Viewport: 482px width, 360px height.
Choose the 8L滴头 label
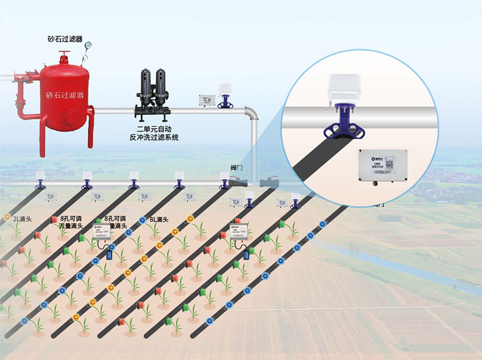click(160, 219)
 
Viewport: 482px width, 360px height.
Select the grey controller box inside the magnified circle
click(380, 165)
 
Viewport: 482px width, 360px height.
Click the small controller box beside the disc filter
click(207, 100)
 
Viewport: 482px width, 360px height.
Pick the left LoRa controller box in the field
click(102, 233)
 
